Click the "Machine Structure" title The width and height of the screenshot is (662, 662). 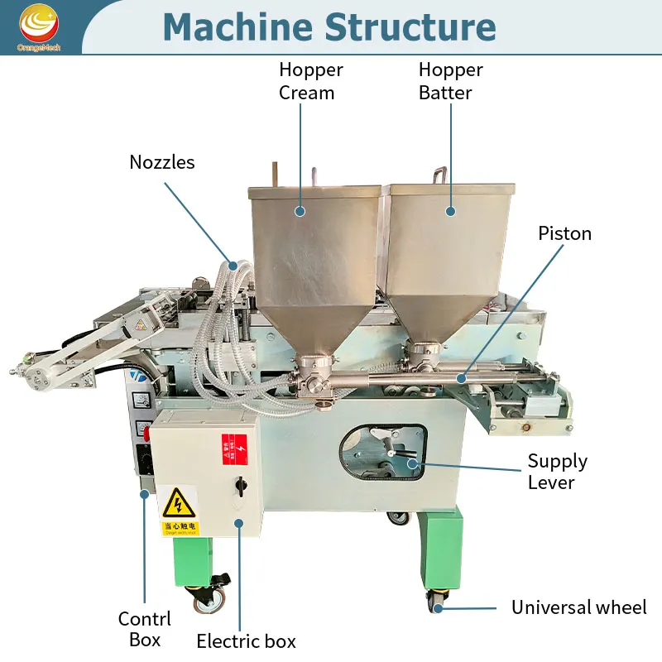tap(329, 26)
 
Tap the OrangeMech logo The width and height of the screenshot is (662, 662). tap(39, 26)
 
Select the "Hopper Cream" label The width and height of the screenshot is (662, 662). tap(310, 81)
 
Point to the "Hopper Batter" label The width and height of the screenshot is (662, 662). tap(450, 81)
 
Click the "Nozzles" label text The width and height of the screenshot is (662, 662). tap(162, 162)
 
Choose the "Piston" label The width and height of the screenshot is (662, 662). tap(565, 233)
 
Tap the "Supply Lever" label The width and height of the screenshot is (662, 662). tap(558, 472)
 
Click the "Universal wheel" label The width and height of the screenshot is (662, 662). tap(578, 608)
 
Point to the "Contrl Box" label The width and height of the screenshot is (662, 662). tap(145, 629)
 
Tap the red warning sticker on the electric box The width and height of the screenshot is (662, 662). tap(233, 448)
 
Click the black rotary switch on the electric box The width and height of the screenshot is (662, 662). tap(240, 482)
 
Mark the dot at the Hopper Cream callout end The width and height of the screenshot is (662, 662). tap(300, 212)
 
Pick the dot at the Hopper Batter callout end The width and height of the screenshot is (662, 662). tap(452, 212)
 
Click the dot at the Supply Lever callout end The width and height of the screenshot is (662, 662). tap(411, 465)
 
